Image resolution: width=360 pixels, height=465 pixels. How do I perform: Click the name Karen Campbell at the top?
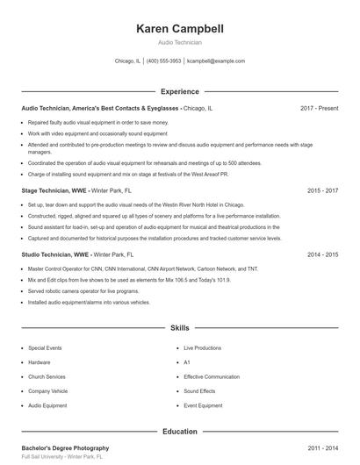point(180,29)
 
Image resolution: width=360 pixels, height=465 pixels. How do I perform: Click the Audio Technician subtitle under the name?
point(180,42)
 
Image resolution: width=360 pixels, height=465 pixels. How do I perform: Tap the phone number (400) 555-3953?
point(163,61)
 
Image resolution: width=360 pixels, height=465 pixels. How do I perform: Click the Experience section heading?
point(180,91)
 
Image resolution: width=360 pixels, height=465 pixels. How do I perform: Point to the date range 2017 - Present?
point(319,108)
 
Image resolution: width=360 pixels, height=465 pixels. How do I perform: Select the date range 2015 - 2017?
point(323,190)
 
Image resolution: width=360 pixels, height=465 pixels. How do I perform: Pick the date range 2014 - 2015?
point(323,254)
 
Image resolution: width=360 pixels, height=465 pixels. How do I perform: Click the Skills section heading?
point(180,327)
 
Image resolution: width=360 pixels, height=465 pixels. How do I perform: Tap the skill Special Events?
point(46,348)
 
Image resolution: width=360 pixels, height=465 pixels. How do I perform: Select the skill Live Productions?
point(203,348)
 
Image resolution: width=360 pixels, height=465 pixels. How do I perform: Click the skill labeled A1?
point(187,362)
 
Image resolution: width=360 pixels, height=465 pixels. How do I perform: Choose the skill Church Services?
point(47,377)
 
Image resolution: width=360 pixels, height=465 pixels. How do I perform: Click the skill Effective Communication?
point(212,377)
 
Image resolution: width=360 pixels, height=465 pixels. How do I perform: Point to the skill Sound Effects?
point(199,391)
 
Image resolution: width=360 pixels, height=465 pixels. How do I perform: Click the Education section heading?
point(180,431)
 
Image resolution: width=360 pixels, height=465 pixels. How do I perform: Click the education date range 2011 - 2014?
point(323,447)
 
